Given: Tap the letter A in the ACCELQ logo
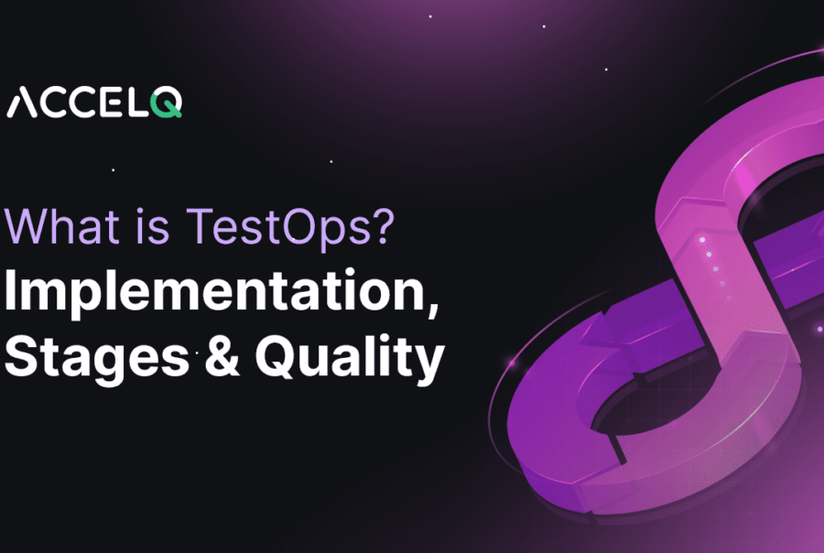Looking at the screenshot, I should click(21, 103).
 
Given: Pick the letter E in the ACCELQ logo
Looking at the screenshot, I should click(115, 103).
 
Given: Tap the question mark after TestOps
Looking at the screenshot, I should click(384, 228).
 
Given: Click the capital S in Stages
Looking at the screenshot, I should click(21, 359).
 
